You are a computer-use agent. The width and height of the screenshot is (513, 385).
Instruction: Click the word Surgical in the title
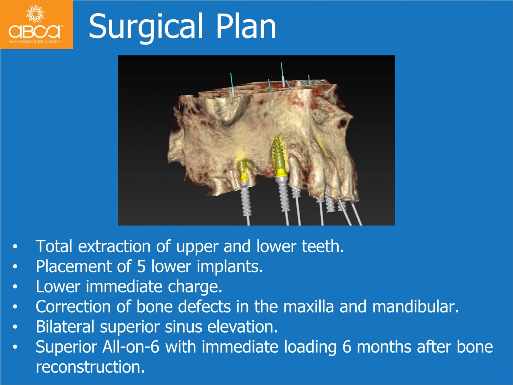(146, 27)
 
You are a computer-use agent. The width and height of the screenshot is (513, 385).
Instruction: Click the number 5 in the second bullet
(141, 267)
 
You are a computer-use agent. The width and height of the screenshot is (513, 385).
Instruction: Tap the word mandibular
(415, 307)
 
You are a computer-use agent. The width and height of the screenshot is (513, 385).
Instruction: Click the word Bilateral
(65, 327)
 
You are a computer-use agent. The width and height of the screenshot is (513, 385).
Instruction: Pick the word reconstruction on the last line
(90, 367)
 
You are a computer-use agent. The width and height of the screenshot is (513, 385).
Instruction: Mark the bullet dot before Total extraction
(15, 247)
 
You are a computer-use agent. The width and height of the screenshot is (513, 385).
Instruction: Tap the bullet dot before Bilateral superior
(15, 327)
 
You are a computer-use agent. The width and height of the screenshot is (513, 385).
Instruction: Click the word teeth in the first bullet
(323, 247)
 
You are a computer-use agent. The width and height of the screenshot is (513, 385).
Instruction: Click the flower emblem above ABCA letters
(35, 14)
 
